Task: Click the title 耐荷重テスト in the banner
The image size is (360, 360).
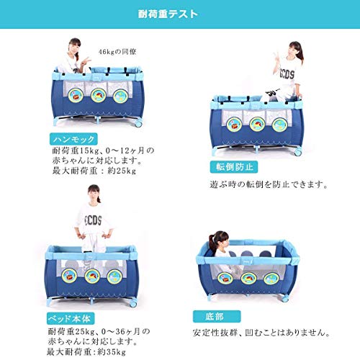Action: click(x=168, y=14)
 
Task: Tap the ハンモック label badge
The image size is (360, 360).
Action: click(x=73, y=139)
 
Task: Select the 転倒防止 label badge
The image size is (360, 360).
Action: click(x=234, y=167)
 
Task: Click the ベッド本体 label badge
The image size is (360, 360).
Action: click(x=71, y=319)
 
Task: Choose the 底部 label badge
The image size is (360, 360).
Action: click(x=217, y=317)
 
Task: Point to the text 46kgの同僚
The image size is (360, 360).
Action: click(x=117, y=52)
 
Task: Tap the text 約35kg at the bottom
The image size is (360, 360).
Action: click(x=112, y=352)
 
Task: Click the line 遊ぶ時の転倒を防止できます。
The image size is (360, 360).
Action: click(x=269, y=184)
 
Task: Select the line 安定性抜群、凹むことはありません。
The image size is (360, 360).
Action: click(x=261, y=333)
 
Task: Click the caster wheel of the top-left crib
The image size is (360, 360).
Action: click(x=138, y=124)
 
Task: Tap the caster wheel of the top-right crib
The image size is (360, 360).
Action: click(x=298, y=153)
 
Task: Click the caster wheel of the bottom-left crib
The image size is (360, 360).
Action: click(x=133, y=304)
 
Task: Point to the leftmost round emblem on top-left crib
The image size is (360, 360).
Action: click(x=76, y=96)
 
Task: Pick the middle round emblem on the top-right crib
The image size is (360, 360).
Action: click(x=257, y=125)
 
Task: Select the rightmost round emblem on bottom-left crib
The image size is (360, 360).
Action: click(x=114, y=276)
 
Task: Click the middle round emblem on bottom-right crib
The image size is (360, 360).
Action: click(x=248, y=279)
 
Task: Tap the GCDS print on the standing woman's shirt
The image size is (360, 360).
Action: click(x=94, y=220)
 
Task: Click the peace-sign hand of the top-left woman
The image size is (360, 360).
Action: click(x=86, y=61)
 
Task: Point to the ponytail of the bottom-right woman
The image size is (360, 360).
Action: click(x=212, y=243)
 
